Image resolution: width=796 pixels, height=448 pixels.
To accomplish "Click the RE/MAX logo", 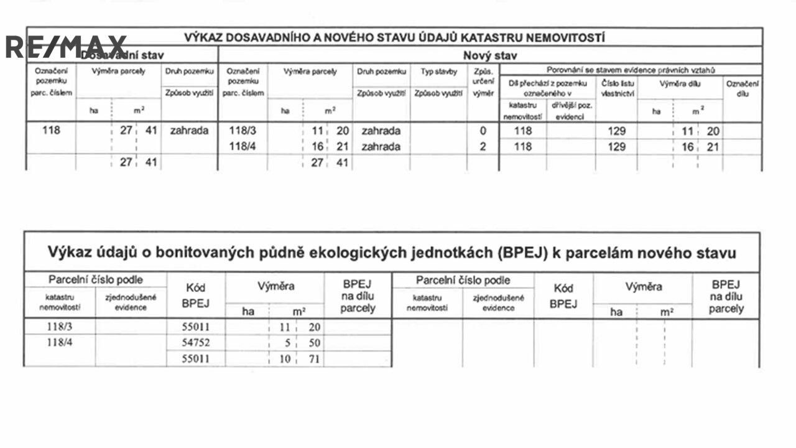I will pyautogui.click(x=65, y=47).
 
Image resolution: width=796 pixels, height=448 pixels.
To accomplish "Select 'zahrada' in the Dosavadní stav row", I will pyautogui.click(x=189, y=131).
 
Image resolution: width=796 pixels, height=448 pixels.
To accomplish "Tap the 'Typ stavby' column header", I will pyautogui.click(x=438, y=72).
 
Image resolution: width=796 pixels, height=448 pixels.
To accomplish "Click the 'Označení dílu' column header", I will pyautogui.click(x=743, y=88).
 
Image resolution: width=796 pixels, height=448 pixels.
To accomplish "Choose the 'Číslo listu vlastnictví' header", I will pyautogui.click(x=618, y=88).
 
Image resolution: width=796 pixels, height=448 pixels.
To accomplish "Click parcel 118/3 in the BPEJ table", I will pyautogui.click(x=59, y=326).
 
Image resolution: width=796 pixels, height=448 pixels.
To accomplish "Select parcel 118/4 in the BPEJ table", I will pyautogui.click(x=59, y=342).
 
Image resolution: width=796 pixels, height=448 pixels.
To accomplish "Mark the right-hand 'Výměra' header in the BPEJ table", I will pyautogui.click(x=644, y=287).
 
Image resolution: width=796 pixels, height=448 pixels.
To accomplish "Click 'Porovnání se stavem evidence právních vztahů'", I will pyautogui.click(x=631, y=70).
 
